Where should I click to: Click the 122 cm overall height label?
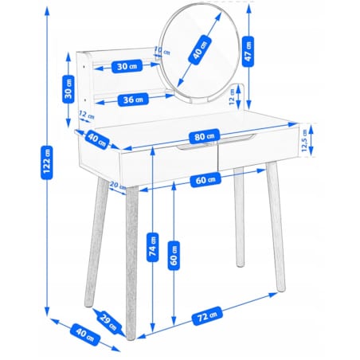46,162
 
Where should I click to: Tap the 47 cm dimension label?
248,51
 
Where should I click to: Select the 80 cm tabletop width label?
204,136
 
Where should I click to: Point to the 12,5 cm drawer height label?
304,140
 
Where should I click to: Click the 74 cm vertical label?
153,247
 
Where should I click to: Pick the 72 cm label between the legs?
206,315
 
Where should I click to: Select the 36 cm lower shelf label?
133,100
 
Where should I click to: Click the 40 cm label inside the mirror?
200,50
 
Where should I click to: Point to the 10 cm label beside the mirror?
162,51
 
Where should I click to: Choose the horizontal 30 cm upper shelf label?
127,66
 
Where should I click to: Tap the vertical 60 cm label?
174,256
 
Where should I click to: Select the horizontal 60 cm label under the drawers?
205,180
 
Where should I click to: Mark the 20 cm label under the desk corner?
117,186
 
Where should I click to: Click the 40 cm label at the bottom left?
85,335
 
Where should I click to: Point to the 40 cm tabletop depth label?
97,140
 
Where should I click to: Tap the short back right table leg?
239,217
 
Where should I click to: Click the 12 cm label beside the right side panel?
232,96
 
